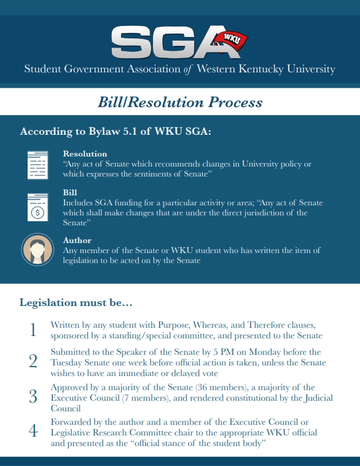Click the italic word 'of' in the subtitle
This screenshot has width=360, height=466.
(x=188, y=69)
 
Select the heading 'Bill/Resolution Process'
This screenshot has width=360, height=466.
(x=180, y=102)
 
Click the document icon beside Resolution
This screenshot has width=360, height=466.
(x=36, y=164)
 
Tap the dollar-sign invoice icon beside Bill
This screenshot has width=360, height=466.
(x=36, y=207)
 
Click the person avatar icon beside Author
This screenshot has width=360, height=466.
(x=36, y=249)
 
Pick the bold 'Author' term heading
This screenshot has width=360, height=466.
(x=77, y=240)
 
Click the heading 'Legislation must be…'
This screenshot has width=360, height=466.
(x=76, y=303)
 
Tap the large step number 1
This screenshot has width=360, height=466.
(x=33, y=331)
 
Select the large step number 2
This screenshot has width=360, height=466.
(x=33, y=361)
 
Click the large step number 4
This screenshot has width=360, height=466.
(x=33, y=431)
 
